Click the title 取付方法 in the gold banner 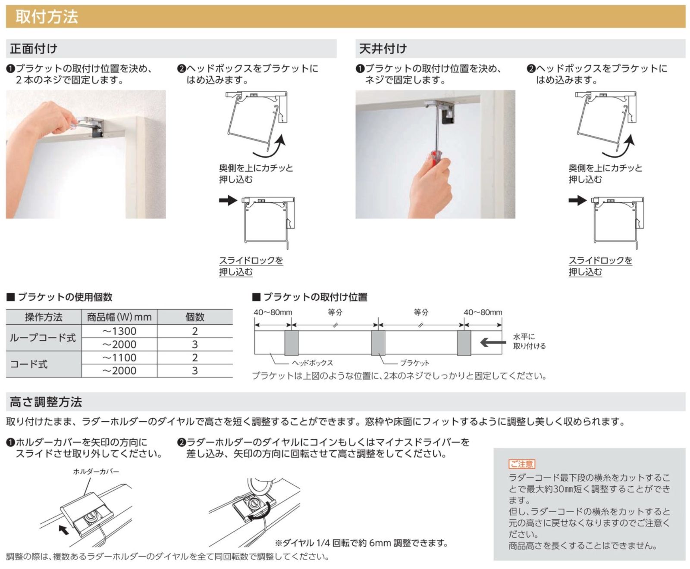point(47,17)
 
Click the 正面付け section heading point(34,49)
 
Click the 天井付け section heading point(383,49)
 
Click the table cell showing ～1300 point(119,331)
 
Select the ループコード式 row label point(43,338)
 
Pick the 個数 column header point(194,317)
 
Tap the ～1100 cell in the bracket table point(119,358)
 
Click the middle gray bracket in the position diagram point(378,343)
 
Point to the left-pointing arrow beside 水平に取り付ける point(493,342)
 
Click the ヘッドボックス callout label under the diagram point(312,363)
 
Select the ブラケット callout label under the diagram point(414,363)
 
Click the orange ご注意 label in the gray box point(522,464)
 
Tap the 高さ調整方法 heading point(46,402)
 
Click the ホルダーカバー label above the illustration point(96,472)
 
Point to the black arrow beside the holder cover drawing point(64,529)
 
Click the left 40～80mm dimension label point(273,312)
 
